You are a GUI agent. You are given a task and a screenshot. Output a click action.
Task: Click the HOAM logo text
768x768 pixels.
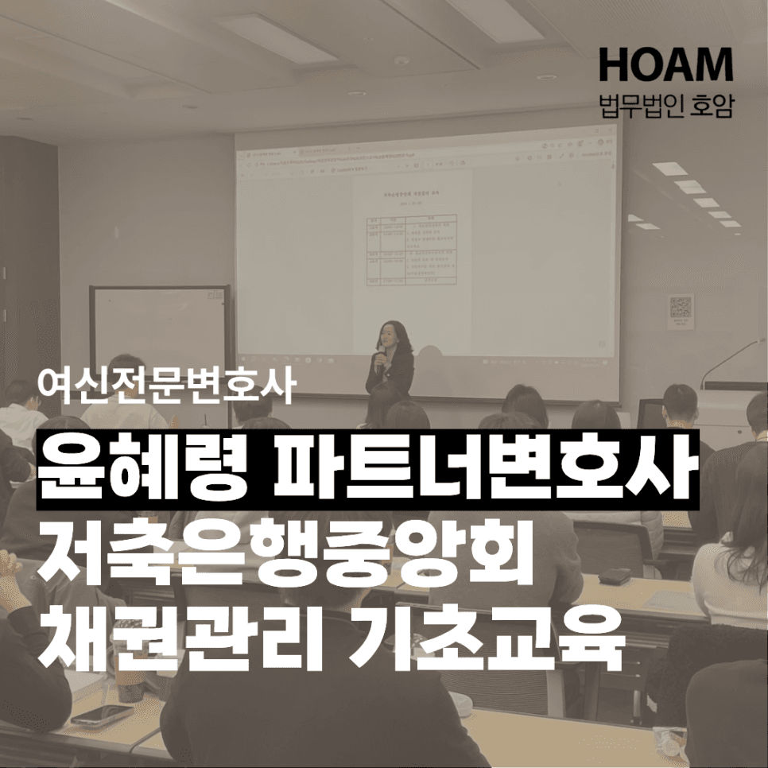tap(665, 64)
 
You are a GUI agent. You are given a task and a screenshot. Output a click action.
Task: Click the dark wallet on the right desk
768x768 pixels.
tap(613, 574)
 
